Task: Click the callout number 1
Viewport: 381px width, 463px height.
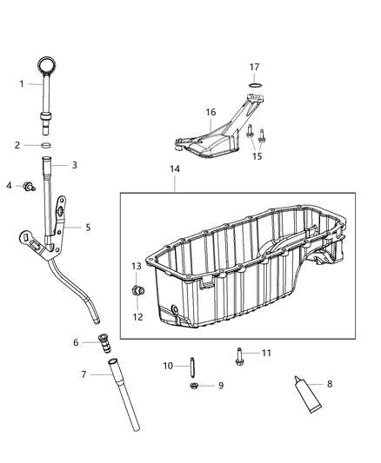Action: [x=22, y=83]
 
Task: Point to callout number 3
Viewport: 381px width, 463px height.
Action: [x=75, y=164]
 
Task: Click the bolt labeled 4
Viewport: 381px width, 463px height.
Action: [x=29, y=186]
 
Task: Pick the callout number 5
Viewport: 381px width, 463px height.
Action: [x=87, y=228]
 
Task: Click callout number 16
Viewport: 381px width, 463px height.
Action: [x=210, y=112]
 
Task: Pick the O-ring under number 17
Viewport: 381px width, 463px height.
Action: [x=255, y=85]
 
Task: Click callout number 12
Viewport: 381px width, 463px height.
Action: [x=137, y=317]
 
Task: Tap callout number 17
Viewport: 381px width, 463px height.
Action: [x=255, y=67]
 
